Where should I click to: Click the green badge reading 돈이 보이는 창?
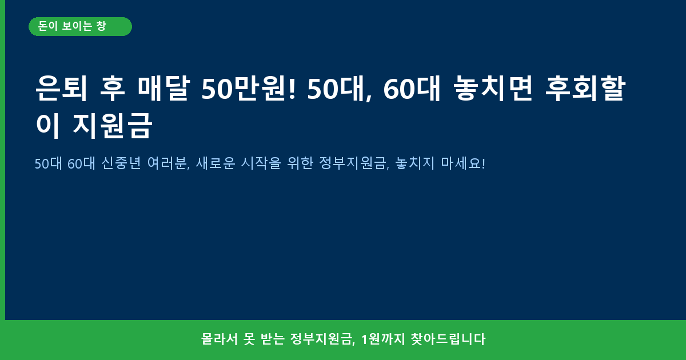(x=80, y=27)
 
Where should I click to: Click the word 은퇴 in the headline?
(x=61, y=88)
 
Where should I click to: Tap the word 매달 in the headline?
(x=163, y=88)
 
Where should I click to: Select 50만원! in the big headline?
(x=249, y=88)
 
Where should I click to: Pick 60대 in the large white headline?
(x=412, y=88)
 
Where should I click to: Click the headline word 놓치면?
(x=493, y=88)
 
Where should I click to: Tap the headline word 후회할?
(x=585, y=88)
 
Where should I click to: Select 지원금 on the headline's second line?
(x=112, y=126)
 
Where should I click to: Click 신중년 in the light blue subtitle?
(x=121, y=163)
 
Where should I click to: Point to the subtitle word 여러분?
(x=169, y=163)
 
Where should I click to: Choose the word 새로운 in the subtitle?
(x=216, y=163)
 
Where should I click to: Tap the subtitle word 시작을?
(x=261, y=163)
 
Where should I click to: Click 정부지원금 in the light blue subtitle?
(x=354, y=163)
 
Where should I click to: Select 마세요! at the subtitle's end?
(x=463, y=163)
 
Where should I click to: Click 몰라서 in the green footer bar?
(x=220, y=339)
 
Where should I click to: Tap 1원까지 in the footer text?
(x=383, y=339)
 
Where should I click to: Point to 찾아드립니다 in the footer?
(x=448, y=339)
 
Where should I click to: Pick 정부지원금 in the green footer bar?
(x=322, y=339)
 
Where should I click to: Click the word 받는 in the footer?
(x=272, y=339)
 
